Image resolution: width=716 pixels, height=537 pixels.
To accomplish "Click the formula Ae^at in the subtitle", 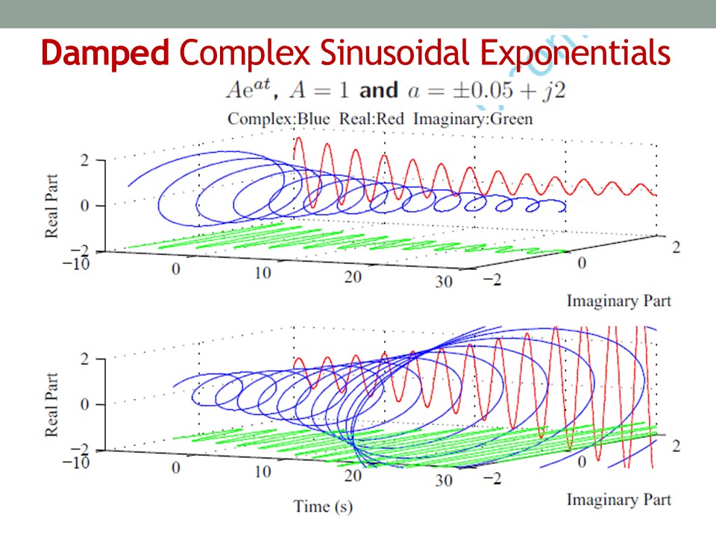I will (251, 90).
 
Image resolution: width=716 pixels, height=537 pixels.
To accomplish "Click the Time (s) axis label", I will (322, 506).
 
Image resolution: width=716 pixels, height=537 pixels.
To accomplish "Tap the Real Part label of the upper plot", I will (52, 203).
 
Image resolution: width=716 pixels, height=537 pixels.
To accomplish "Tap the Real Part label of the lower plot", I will (52, 402).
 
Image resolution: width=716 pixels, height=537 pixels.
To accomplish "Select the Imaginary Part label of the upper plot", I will (618, 301).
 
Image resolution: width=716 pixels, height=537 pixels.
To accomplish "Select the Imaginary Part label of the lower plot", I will (618, 499).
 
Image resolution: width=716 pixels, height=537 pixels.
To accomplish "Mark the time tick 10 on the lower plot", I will (262, 471).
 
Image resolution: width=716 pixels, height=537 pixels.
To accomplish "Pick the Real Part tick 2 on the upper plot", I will (85, 160).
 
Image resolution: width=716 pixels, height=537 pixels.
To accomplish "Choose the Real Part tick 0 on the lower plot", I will (85, 404).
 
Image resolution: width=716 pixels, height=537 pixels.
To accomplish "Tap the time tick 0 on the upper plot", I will (176, 268).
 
